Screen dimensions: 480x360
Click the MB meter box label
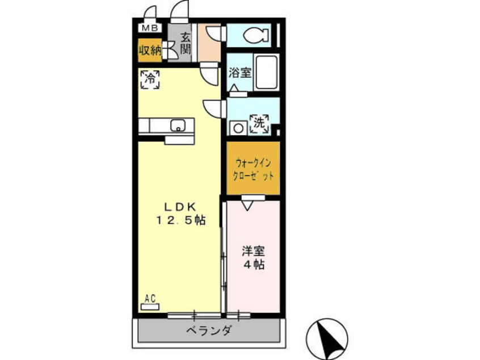coord(150,28)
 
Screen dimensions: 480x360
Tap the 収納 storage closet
coord(150,50)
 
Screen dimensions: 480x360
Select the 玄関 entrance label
coord(185,43)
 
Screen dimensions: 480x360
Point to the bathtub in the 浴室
coord(266,72)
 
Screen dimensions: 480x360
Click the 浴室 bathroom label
coord(240,73)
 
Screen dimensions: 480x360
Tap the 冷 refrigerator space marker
coord(150,79)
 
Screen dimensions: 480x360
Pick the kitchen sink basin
coord(178,125)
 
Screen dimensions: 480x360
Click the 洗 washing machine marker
coord(259,124)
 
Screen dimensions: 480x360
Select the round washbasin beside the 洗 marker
coord(238,128)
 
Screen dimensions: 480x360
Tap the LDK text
coord(180,207)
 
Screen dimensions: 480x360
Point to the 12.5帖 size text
coord(181,220)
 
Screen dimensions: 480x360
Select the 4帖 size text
coord(254,265)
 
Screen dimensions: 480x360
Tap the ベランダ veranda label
coord(209,330)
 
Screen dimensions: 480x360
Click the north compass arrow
coord(330,338)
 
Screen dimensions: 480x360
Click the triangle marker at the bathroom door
coord(234,88)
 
